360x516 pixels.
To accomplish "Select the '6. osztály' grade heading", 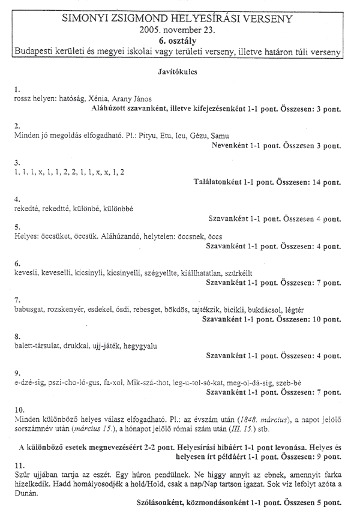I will pos(179,40).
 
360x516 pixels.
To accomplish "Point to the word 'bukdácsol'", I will pos(259,310).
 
